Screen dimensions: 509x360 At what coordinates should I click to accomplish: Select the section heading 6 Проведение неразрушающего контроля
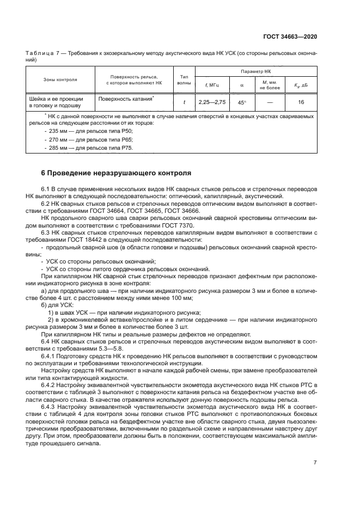coord(116,173)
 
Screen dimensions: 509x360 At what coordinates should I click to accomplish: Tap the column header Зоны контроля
coord(60,80)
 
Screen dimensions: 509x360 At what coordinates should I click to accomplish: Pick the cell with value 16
coord(301,102)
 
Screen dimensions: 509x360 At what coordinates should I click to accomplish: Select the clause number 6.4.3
coord(50,406)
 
